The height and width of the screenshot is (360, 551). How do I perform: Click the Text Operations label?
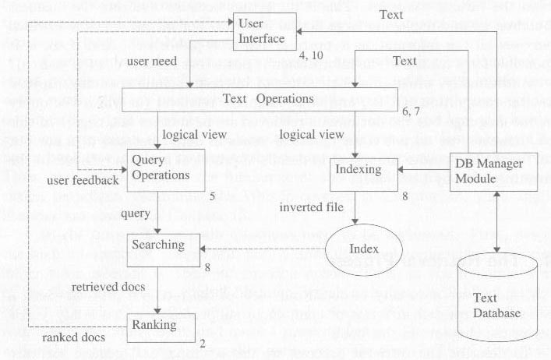pyautogui.click(x=267, y=100)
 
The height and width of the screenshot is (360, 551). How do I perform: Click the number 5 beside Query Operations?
pyautogui.click(x=212, y=196)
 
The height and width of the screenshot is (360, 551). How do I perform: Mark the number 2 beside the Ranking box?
pyautogui.click(x=201, y=344)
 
